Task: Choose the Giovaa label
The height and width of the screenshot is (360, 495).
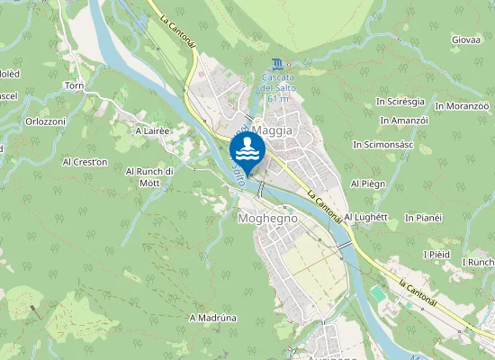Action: pos(465,40)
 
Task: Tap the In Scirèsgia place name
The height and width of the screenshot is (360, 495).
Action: pos(399,103)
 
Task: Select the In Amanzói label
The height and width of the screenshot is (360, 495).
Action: pos(404,121)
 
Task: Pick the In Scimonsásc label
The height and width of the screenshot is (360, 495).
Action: pos(382,144)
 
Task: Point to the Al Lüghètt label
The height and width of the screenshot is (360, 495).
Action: pos(364,217)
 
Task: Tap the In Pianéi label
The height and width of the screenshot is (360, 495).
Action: pos(423,218)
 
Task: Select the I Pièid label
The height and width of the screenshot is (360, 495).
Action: pos(436,255)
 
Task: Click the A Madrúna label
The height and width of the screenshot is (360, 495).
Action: pos(212,318)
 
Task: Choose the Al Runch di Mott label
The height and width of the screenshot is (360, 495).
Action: pos(149,176)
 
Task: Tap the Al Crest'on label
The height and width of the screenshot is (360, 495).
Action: pos(85,162)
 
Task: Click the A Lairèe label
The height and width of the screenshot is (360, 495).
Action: pos(152,130)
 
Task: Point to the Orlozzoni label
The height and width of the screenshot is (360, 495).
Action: pos(45,121)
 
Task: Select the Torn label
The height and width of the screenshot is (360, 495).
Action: pos(74,86)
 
